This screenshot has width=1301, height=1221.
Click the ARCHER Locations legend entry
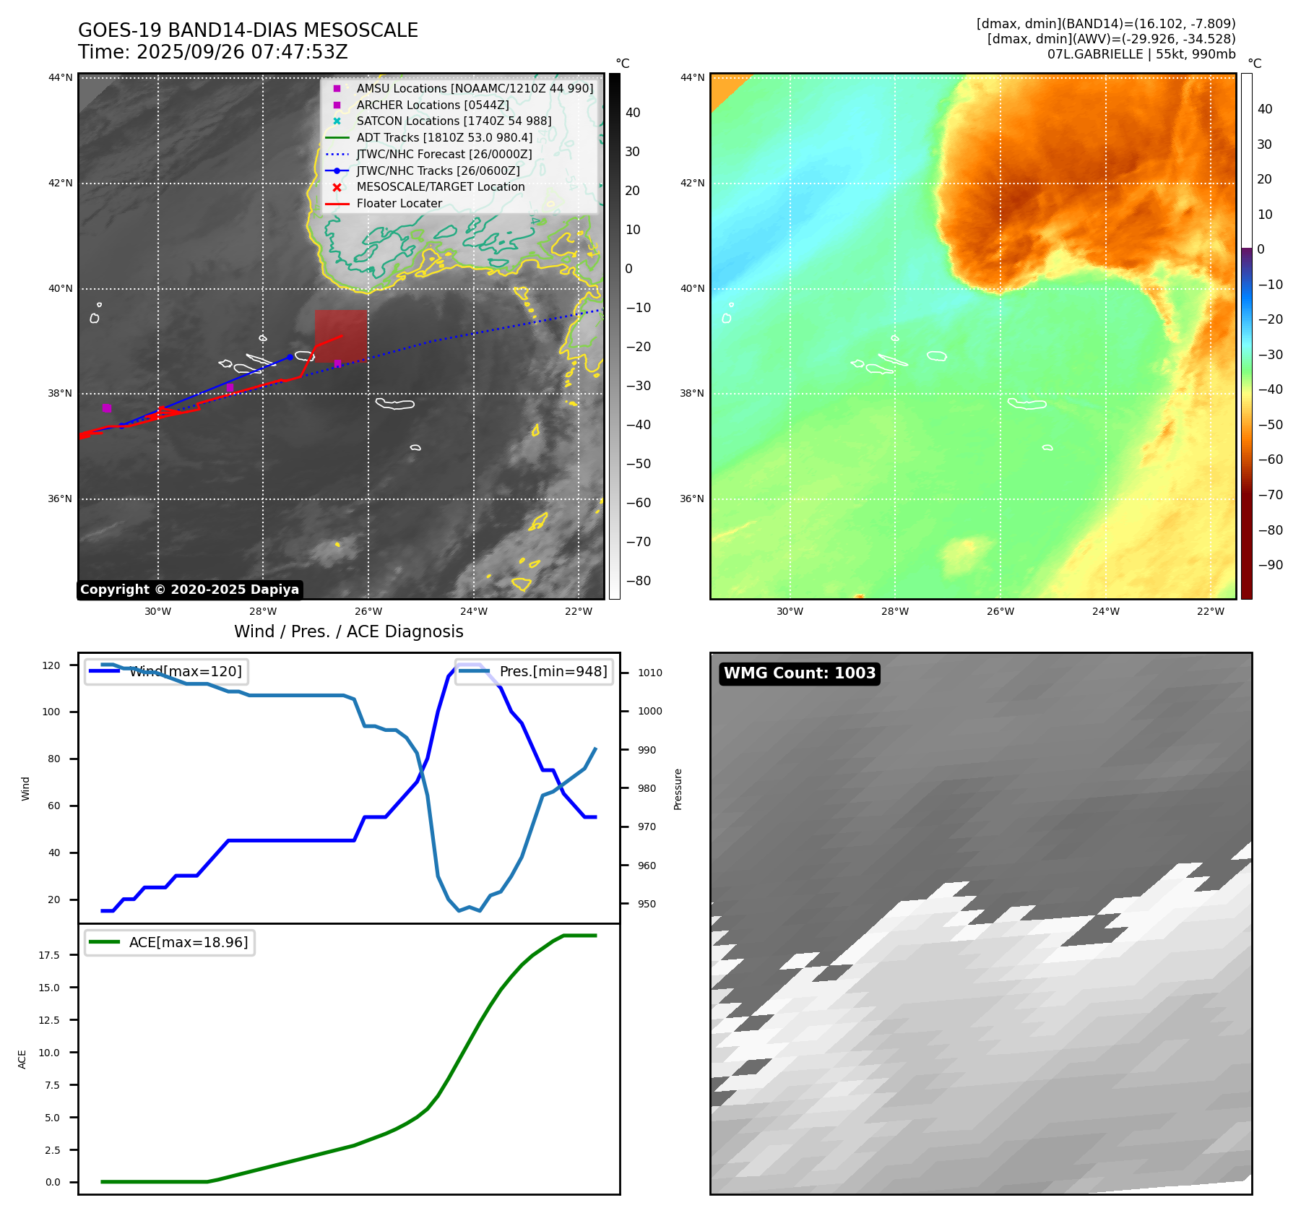[432, 105]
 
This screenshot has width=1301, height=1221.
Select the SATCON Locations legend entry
[453, 121]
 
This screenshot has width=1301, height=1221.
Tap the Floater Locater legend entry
[399, 204]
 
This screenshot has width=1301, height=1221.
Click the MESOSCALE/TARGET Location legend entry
[440, 187]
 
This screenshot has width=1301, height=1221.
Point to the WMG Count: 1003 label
[799, 673]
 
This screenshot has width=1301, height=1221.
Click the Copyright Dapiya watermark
[189, 590]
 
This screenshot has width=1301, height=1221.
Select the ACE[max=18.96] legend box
[170, 942]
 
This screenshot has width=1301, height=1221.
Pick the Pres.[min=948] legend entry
[535, 671]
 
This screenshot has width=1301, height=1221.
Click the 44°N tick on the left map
[61, 78]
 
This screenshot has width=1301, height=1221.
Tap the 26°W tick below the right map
[1000, 611]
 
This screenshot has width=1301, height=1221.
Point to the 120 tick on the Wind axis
[51, 665]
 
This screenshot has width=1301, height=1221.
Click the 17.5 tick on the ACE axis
[49, 955]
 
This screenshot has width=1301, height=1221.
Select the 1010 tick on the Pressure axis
[649, 673]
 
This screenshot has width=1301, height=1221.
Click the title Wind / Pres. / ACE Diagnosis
[348, 631]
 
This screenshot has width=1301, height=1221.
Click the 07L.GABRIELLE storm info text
[1141, 54]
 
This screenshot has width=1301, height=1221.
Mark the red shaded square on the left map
[340, 336]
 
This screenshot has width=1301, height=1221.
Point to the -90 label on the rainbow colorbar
[1270, 565]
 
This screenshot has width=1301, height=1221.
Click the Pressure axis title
[678, 789]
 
